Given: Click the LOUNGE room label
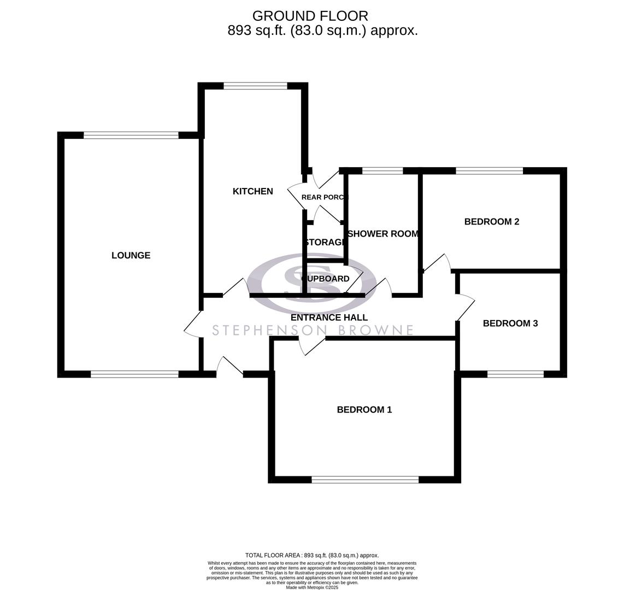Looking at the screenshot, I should pos(131,255).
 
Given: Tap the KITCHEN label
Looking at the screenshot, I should pos(252,191).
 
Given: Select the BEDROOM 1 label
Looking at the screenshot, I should pos(364,410).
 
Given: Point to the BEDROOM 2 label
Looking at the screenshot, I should pos(491,222).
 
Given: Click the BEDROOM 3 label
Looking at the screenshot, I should pos(510,323).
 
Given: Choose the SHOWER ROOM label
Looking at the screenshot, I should pos(383,234).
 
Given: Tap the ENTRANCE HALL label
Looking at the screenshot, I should pos(329,317).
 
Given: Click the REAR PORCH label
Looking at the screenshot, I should pos(325,197).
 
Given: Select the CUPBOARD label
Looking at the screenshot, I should pos(326,279).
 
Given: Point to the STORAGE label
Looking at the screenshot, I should pos(325,243).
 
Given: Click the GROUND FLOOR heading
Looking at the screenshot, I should pos(310,16).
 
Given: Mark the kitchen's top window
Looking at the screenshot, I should pos(255,86).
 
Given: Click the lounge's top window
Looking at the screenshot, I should pos(131,135).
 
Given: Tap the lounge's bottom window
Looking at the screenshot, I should pos(134,374).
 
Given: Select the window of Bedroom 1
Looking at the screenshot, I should pos(365,480).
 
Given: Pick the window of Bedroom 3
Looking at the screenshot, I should pos(515,374).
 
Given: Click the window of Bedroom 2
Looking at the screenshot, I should pos(489,171).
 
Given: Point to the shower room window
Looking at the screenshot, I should pos(382,171).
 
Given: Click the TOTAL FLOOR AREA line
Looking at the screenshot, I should pos(312,555).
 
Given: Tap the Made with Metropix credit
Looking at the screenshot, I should pos(312,587).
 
